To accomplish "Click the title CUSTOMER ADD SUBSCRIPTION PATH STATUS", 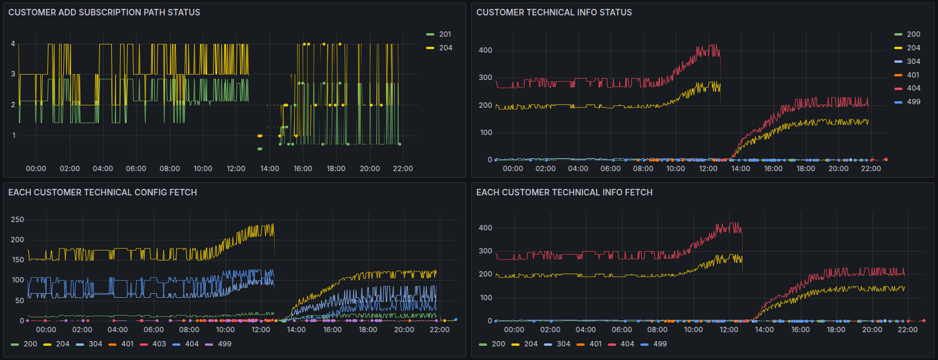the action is (x=104, y=12).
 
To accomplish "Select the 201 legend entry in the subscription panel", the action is (x=439, y=34).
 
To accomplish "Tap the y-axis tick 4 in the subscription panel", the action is (x=13, y=44).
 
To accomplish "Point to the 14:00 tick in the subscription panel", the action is (x=270, y=169).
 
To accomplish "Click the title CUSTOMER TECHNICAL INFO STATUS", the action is (x=554, y=12).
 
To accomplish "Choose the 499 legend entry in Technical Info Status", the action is (x=907, y=102).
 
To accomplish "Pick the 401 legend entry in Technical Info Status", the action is (x=907, y=75).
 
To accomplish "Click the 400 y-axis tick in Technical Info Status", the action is (x=485, y=50).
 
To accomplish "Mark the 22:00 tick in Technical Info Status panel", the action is (x=871, y=169).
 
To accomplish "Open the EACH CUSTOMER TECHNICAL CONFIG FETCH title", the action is (x=102, y=192).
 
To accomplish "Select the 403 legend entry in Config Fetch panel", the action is (x=153, y=344).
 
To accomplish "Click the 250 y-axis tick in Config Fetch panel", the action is (x=18, y=220).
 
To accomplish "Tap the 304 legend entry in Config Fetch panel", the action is (x=89, y=344).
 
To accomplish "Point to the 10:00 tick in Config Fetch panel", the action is (x=225, y=329).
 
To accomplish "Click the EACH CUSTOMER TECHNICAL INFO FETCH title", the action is (x=565, y=192).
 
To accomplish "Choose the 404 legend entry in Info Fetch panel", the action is (x=621, y=344).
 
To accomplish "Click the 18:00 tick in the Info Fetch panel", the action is (x=836, y=329).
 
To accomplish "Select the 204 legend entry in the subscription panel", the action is (x=439, y=48).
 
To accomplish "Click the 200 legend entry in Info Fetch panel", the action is (x=492, y=344).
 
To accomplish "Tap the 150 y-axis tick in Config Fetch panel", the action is (x=18, y=260).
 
